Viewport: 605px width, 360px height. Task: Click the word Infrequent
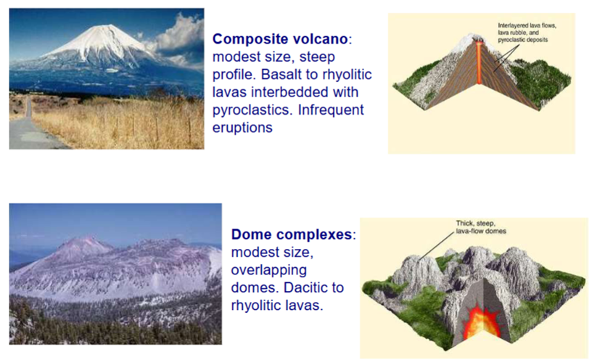[x=331, y=110]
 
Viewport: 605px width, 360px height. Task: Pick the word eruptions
[x=242, y=128]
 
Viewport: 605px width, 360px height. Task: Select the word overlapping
[x=269, y=270]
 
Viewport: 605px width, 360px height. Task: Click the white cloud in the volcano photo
[x=178, y=37]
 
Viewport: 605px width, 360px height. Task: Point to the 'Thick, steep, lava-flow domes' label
[x=481, y=227]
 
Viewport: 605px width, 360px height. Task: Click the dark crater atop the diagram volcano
[x=480, y=39]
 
